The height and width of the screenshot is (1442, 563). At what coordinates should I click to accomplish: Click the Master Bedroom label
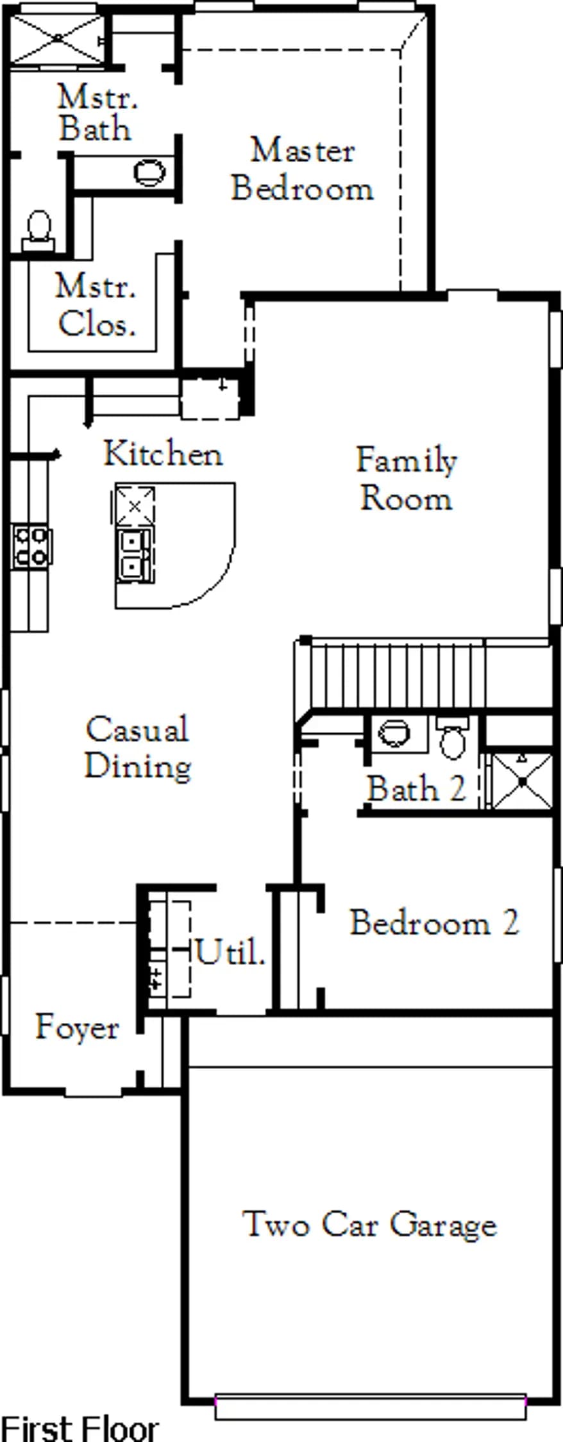pyautogui.click(x=302, y=169)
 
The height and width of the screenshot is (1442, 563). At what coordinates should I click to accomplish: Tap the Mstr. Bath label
pyautogui.click(x=96, y=113)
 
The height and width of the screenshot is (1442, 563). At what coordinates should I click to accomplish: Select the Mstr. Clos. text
pyautogui.click(x=96, y=305)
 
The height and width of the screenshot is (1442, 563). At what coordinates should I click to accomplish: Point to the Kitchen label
pyautogui.click(x=164, y=454)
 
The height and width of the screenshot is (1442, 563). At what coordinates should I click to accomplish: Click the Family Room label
pyautogui.click(x=407, y=479)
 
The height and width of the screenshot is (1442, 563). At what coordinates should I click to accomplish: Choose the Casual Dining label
pyautogui.click(x=138, y=748)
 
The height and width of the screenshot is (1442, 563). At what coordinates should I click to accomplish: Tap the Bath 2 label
pyautogui.click(x=416, y=788)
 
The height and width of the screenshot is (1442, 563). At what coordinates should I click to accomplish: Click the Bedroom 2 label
pyautogui.click(x=434, y=923)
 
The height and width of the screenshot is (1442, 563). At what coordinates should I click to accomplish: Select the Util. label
pyautogui.click(x=230, y=952)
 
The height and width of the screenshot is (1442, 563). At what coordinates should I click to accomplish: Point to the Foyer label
pyautogui.click(x=77, y=1028)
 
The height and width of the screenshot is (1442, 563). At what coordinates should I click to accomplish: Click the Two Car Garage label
pyautogui.click(x=369, y=1225)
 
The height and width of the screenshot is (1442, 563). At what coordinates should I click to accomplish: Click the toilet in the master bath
pyautogui.click(x=40, y=231)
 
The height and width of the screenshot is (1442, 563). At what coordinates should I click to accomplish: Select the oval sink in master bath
pyautogui.click(x=150, y=172)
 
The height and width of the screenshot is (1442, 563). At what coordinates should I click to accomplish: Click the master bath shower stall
pyautogui.click(x=58, y=39)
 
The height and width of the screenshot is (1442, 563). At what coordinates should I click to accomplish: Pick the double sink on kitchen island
pyautogui.click(x=134, y=555)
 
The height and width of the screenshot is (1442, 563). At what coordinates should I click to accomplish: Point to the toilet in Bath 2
pyautogui.click(x=453, y=738)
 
